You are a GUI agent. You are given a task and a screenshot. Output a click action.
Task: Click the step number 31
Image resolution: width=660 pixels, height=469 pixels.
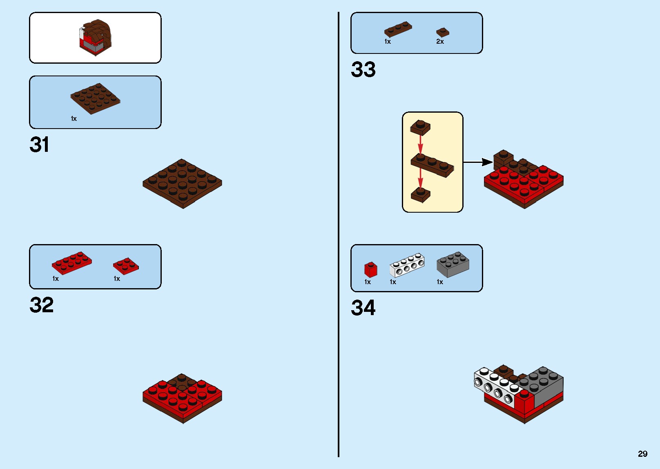click(x=39, y=144)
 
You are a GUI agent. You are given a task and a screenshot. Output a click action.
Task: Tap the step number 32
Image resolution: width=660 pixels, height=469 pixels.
click(x=42, y=305)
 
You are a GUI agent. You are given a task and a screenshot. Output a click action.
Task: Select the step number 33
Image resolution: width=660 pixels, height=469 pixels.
click(x=363, y=69)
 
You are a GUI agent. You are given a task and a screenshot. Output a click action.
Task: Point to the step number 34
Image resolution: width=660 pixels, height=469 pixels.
click(x=363, y=308)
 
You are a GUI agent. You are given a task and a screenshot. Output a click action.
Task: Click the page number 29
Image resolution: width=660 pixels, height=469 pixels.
click(x=642, y=453)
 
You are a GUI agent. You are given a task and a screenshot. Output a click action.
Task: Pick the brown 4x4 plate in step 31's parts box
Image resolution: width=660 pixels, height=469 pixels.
click(x=95, y=98)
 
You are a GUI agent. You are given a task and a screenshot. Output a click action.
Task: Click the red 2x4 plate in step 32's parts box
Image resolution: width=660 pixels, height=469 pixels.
click(x=71, y=263)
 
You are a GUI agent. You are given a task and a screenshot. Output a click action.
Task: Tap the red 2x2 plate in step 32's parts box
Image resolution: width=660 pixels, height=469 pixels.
click(x=126, y=266)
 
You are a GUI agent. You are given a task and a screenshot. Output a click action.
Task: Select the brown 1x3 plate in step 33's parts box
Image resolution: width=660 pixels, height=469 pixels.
click(x=398, y=29)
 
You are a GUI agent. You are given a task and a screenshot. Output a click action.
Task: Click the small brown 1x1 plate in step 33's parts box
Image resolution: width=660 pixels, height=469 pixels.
click(x=443, y=32)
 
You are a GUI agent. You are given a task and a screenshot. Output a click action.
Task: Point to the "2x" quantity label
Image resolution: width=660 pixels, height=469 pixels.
click(x=440, y=42)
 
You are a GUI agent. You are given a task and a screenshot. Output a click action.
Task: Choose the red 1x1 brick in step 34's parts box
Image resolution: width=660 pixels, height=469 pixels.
click(x=371, y=269)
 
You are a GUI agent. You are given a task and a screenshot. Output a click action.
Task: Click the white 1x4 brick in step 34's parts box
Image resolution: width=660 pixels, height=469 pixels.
click(x=407, y=265)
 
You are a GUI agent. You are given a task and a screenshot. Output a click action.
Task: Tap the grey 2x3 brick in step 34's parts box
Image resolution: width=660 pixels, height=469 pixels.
click(x=453, y=265)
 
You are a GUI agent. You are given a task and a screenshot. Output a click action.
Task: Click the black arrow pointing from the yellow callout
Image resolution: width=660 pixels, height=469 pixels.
click(x=478, y=162)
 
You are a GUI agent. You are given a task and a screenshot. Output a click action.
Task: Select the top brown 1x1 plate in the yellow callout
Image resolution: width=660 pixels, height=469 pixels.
click(x=420, y=127)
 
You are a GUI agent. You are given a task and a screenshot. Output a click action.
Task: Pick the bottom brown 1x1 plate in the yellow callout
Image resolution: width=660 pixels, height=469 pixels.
click(x=420, y=195)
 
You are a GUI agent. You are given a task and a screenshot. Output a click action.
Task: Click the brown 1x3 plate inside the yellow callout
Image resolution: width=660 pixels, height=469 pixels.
click(x=432, y=165)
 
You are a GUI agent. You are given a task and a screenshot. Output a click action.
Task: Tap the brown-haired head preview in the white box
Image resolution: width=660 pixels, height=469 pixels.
click(x=96, y=38)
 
